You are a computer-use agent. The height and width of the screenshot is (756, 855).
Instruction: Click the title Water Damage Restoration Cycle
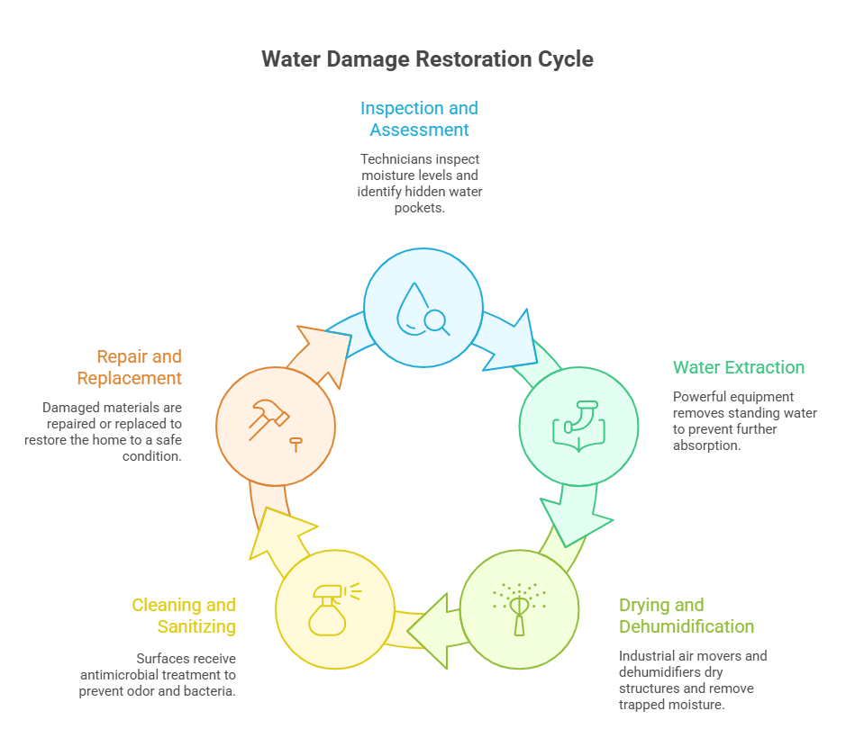[427, 59]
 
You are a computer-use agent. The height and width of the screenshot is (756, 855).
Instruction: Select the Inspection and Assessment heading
[419, 119]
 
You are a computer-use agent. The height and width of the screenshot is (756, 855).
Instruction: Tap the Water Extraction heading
[739, 367]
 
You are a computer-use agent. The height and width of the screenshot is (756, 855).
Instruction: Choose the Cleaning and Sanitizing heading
[184, 616]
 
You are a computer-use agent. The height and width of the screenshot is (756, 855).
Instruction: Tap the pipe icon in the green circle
[578, 426]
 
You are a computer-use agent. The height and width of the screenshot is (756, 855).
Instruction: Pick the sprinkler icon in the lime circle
[519, 607]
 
